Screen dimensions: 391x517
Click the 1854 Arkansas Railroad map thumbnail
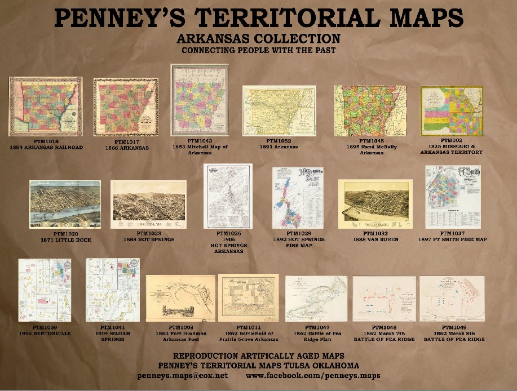point(45,106)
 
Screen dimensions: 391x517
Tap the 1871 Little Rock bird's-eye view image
point(65,204)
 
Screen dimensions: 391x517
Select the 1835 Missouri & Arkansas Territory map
point(451,110)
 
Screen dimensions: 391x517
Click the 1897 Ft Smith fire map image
point(452,197)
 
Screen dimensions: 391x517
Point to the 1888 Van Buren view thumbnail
point(375,203)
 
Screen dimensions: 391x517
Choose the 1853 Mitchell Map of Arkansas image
point(200,100)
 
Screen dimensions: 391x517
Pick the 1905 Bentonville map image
point(45,290)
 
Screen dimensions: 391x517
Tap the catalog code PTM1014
point(46,141)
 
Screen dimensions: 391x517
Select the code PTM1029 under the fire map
point(299,233)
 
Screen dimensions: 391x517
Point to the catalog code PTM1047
point(317,327)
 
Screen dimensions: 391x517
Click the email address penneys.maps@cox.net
point(182,375)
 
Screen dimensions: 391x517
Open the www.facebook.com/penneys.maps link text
point(313,375)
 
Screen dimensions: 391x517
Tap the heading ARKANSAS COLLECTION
point(258,39)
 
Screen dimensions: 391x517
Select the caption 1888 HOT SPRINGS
point(149,239)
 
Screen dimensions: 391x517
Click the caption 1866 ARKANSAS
point(127,148)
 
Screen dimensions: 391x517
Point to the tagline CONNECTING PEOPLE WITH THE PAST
point(258,50)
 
